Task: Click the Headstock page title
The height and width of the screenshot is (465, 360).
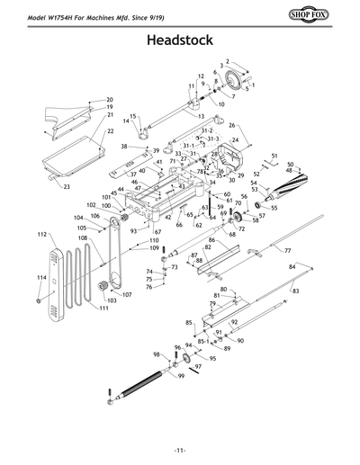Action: point(179,41)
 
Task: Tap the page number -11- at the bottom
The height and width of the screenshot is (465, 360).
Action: point(180,450)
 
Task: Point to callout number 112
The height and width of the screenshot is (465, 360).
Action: point(41,234)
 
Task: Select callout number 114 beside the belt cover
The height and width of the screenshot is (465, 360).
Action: point(41,279)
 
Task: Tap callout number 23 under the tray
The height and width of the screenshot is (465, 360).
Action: point(66,187)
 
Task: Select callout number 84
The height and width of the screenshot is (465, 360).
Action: point(292,267)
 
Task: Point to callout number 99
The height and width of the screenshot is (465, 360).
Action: point(181,375)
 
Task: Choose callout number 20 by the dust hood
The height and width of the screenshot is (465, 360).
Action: point(110,100)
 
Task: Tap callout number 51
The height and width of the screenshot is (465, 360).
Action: point(274,156)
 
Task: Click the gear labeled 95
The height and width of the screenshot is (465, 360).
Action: point(188,361)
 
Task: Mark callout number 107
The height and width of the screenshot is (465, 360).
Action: point(126,294)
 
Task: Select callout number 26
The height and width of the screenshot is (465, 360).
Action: point(231,125)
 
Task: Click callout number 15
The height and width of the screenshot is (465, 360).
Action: point(132,116)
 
